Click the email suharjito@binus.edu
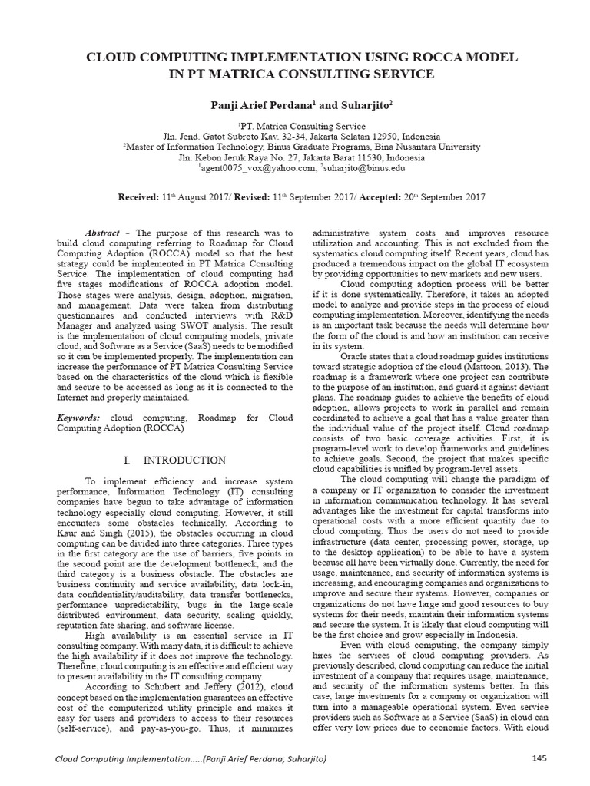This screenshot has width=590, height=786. [x=363, y=167]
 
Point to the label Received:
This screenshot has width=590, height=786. [x=141, y=197]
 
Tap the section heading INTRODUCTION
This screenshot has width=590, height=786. [x=187, y=460]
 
